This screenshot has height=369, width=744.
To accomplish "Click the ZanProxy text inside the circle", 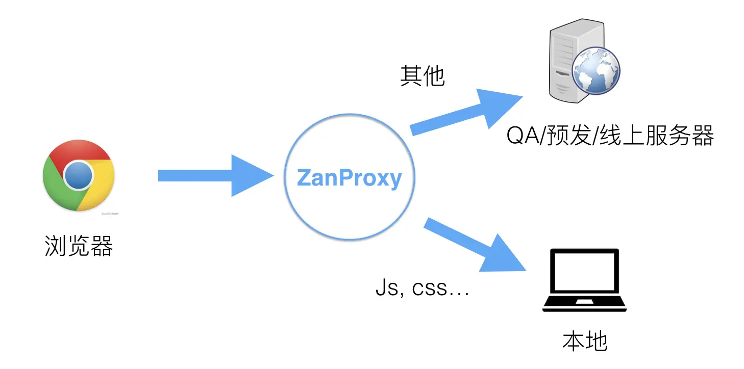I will [x=349, y=178].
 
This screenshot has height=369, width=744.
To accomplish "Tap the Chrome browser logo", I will [x=78, y=175].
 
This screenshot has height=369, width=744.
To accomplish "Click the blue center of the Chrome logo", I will [x=78, y=175].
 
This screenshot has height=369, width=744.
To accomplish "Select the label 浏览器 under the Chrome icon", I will [x=79, y=247].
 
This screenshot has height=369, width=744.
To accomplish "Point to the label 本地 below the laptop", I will [x=585, y=341].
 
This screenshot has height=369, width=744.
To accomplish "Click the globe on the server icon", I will [x=596, y=71].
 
